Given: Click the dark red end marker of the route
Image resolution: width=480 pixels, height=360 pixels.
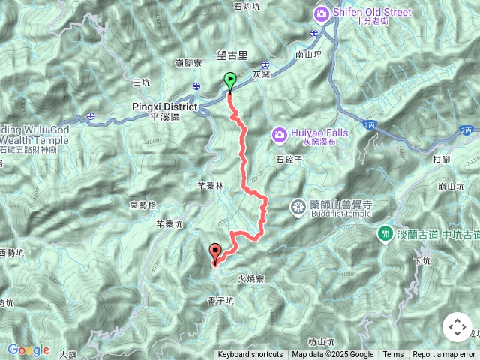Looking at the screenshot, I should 216,253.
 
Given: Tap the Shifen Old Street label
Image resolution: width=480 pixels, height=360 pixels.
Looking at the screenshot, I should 363,11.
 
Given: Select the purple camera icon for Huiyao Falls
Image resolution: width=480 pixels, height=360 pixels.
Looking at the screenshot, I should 279,135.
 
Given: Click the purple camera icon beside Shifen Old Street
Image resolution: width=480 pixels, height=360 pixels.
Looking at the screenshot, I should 322,12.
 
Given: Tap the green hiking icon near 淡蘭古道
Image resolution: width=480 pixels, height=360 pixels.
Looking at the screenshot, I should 385,234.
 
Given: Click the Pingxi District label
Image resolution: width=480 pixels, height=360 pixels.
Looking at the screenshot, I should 164,106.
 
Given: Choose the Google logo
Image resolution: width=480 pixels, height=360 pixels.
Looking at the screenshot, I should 28,349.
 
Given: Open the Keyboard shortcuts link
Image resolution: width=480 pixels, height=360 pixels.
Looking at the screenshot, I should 250,355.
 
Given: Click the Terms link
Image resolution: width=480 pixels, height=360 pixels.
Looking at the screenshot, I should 393,355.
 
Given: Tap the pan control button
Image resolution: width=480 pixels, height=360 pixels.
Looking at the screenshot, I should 457,327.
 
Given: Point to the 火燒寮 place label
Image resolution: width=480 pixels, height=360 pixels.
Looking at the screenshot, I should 252,278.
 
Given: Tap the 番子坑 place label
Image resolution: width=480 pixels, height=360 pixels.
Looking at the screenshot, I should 220,300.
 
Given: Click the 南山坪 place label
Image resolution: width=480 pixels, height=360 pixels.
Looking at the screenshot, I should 309,55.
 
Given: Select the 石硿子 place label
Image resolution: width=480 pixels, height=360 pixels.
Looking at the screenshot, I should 288,160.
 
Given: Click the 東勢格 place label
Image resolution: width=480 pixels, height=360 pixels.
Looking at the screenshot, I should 142,205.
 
